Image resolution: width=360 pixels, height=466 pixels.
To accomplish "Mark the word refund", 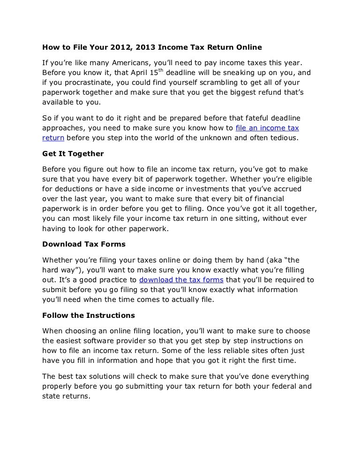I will tap(259, 93).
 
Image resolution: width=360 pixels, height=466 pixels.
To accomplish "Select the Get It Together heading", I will tap(73, 154).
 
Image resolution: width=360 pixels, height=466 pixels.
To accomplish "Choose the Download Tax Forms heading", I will tap(84, 244).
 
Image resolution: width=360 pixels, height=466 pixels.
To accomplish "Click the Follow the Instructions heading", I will tap(89, 315).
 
